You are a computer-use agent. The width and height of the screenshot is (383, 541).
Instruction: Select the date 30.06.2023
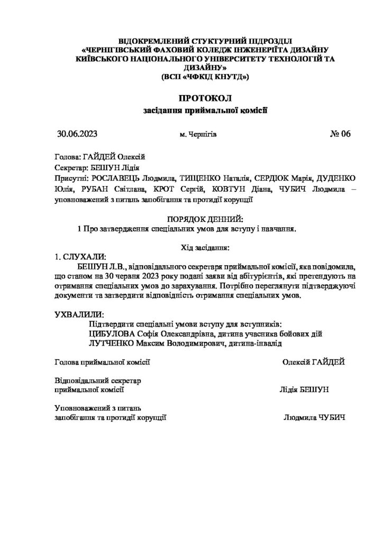(x=77, y=134)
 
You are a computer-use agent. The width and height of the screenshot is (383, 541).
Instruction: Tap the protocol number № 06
(x=340, y=134)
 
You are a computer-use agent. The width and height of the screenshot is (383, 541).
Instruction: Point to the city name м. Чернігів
(x=198, y=135)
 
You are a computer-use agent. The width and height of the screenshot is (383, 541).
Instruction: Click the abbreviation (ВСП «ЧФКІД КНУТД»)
(x=205, y=77)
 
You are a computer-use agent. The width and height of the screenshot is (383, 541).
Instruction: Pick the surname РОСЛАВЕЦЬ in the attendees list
(x=117, y=179)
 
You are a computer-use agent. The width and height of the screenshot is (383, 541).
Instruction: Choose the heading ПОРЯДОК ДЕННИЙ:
(x=205, y=219)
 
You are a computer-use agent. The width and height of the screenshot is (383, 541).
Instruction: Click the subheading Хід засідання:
(x=206, y=247)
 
